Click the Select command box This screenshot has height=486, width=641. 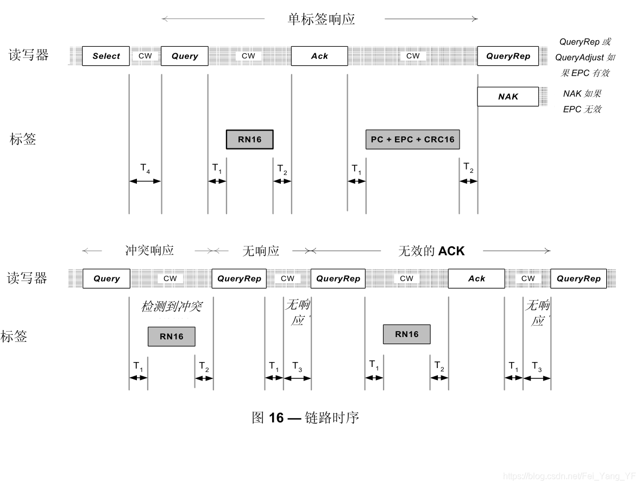click(x=106, y=56)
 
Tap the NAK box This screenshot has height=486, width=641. click(x=508, y=97)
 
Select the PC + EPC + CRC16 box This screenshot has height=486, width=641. click(x=413, y=139)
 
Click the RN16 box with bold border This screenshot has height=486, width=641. click(x=250, y=139)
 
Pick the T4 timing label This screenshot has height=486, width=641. click(x=145, y=169)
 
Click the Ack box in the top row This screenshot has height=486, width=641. click(x=319, y=56)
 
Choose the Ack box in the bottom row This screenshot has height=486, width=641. click(x=476, y=278)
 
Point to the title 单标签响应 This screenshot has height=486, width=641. click(x=321, y=20)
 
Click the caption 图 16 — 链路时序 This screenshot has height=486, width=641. click(x=305, y=418)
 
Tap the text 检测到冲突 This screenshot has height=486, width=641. click(x=172, y=307)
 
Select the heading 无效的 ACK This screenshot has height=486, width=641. click(x=431, y=251)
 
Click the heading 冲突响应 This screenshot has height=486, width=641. click(x=149, y=251)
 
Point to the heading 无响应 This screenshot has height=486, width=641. click(x=261, y=251)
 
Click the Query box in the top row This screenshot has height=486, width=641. click(x=185, y=56)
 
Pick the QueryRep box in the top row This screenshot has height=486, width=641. click(x=508, y=56)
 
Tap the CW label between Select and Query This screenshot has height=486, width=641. click(x=145, y=56)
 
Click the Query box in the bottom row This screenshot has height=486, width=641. click(x=106, y=278)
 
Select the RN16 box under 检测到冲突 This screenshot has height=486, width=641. click(x=172, y=337)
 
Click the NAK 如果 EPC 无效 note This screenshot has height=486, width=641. click(x=582, y=101)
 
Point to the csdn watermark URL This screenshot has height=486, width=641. click(x=569, y=476)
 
